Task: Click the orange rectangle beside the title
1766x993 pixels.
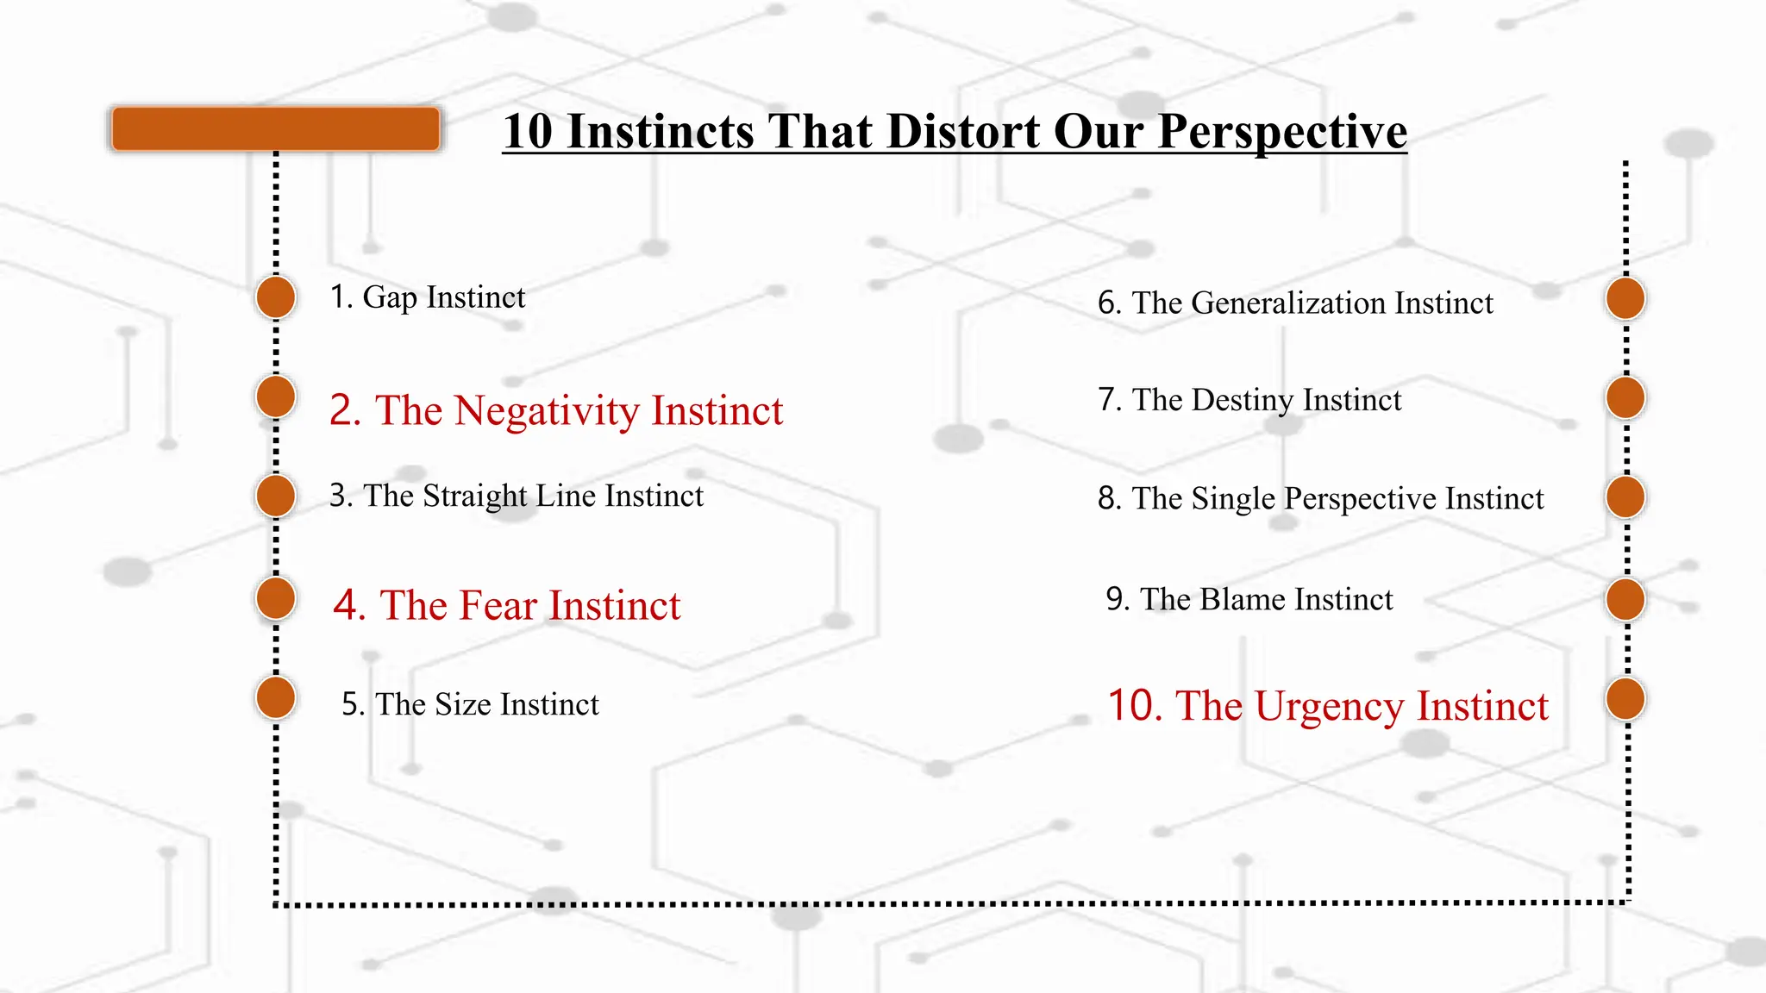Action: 275,129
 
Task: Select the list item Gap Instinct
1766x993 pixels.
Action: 428,297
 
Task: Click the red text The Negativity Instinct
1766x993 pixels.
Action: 556,410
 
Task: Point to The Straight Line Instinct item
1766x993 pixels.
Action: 516,496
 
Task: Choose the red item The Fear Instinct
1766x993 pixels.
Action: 507,605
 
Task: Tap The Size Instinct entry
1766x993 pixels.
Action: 470,704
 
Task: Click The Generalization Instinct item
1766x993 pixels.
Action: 1295,303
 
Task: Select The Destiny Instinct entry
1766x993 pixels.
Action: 1249,400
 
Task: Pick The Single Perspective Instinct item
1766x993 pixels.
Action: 1320,498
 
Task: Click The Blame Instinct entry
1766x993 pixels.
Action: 1249,599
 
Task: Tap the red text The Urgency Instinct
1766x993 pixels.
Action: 1328,706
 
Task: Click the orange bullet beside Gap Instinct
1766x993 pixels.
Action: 276,297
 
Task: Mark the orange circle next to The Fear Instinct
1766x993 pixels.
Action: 276,598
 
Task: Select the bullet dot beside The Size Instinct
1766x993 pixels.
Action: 276,697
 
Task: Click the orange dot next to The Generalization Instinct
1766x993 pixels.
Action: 1625,299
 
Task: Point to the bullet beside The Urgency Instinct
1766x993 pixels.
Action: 1625,699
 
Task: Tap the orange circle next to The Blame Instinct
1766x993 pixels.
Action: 1625,599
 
